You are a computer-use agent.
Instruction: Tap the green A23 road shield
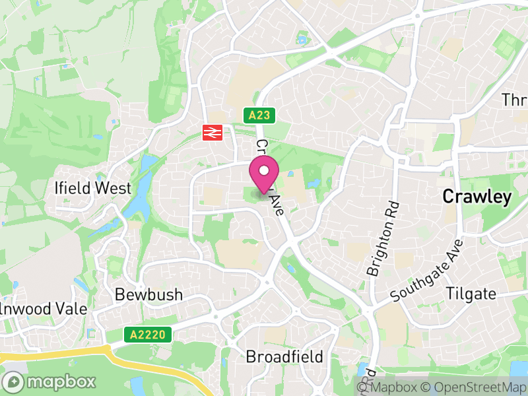259,115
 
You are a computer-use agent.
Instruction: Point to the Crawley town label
477,197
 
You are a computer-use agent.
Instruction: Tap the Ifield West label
93,188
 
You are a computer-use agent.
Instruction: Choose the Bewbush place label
148,294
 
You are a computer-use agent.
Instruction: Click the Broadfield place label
284,357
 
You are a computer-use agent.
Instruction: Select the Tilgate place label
471,294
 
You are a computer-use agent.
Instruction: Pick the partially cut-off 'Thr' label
514,100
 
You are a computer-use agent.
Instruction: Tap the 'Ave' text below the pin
278,208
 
